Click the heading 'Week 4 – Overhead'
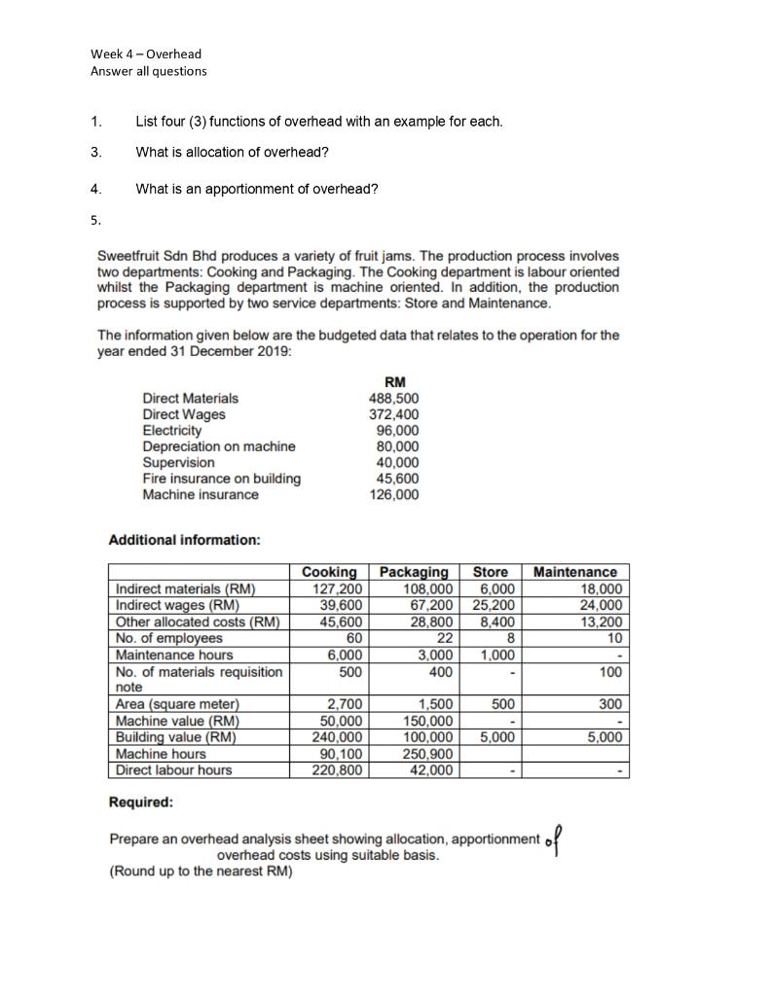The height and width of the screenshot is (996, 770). coord(146,54)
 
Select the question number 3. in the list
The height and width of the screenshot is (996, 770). coord(95,152)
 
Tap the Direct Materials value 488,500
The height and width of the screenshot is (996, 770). coord(394,398)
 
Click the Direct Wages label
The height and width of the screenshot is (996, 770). coord(184,414)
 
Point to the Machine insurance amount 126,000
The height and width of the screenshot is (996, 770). coord(394,494)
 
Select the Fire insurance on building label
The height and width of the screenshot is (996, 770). coord(222,479)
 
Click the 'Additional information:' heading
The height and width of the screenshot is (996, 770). coord(184,540)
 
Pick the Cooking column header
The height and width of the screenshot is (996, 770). coord(329,572)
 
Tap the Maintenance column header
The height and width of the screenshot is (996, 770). coord(575,572)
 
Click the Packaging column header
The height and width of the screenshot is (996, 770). coord(414,572)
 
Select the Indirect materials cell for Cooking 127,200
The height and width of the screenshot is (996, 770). coord(337,588)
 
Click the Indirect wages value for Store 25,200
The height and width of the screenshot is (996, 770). coord(495,605)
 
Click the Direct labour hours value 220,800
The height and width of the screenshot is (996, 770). coord(337,770)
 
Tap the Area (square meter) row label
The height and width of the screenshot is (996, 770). coord(177,704)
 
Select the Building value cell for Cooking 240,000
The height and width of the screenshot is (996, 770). coord(337,737)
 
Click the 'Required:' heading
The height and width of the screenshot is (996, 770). coord(141,803)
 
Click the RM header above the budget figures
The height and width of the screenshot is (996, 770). coord(395,381)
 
